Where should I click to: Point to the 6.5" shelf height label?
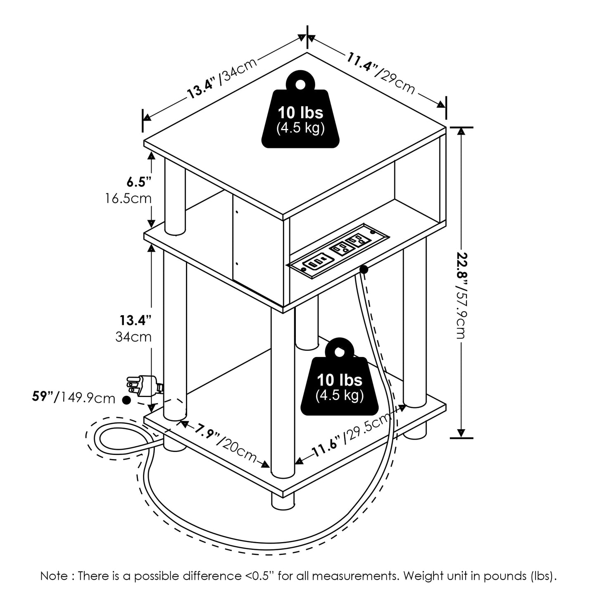pyautogui.click(x=138, y=181)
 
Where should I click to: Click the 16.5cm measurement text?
pyautogui.click(x=128, y=198)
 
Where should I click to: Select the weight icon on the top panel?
pyautogui.click(x=300, y=110)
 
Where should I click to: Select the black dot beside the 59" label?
pyautogui.click(x=126, y=400)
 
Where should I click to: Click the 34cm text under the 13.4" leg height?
pyautogui.click(x=133, y=337)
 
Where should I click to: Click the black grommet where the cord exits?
pyautogui.click(x=364, y=270)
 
